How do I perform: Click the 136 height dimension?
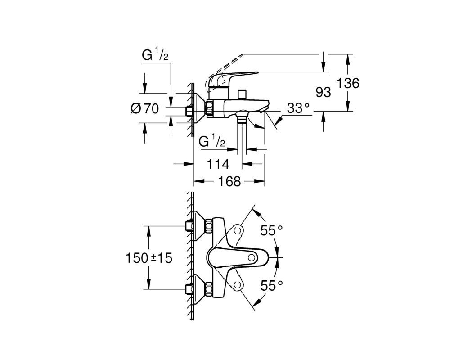click(347, 84)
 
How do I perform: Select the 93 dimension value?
click(323, 92)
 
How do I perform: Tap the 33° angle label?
click(298, 108)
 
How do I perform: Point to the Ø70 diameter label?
click(144, 108)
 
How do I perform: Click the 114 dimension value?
click(218, 165)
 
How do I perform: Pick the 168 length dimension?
click(229, 181)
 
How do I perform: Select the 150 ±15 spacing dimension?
click(149, 258)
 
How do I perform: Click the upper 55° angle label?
click(271, 230)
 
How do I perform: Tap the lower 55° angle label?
click(271, 285)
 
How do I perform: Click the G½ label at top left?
click(155, 56)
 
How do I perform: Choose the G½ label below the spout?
click(212, 142)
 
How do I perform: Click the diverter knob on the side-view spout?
click(242, 94)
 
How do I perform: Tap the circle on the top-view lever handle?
click(252, 257)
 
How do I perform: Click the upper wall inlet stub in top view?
click(189, 226)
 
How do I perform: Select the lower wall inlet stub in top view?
click(189, 289)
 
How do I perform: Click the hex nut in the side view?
click(209, 108)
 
